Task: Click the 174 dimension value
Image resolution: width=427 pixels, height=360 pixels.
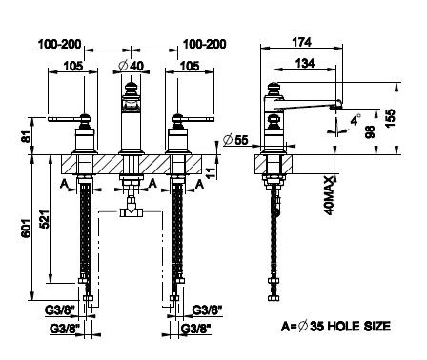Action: (301, 42)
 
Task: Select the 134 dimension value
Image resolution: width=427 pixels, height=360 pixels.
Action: (305, 63)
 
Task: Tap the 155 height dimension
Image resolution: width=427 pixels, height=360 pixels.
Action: (391, 118)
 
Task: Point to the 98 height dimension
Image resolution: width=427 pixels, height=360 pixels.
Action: (370, 131)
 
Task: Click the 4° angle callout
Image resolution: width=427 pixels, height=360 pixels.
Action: (356, 119)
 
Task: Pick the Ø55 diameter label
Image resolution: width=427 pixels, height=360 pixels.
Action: (235, 140)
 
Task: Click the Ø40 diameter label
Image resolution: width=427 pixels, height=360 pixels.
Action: (131, 66)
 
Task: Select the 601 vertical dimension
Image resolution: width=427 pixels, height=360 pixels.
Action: (27, 228)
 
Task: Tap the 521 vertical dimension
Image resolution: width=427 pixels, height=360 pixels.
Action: (45, 219)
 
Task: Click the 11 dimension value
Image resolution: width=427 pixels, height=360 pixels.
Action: (211, 171)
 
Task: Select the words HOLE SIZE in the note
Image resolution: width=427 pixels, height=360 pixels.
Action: (358, 326)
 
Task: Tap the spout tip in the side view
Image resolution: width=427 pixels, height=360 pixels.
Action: (336, 107)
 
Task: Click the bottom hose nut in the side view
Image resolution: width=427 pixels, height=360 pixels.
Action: (274, 297)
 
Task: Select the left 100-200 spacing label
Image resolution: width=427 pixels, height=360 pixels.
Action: (60, 44)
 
